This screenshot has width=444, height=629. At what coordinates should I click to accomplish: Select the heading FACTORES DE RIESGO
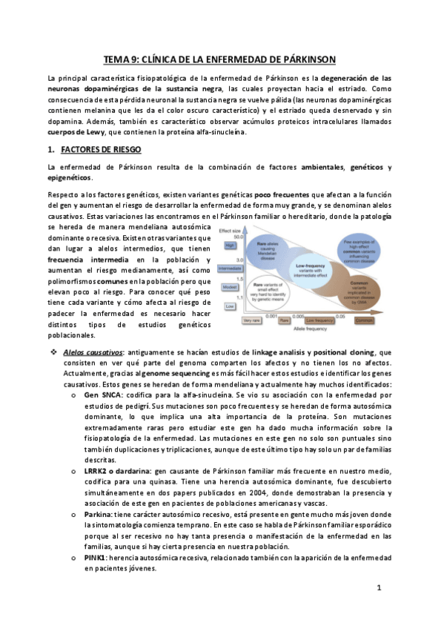[94, 148]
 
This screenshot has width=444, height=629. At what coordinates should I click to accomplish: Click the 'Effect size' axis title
[233, 230]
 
